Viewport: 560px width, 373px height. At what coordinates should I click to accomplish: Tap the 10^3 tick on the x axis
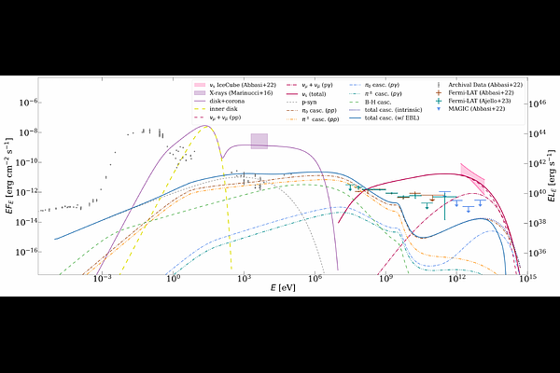[x=244, y=275]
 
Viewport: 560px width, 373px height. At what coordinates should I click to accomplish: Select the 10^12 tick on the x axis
[x=457, y=275]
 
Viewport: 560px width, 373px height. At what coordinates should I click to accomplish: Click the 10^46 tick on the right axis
[x=528, y=104]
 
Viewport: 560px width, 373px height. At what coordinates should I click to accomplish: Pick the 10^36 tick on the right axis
[x=528, y=252]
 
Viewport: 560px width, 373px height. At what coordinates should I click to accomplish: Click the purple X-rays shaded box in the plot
[x=259, y=141]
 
